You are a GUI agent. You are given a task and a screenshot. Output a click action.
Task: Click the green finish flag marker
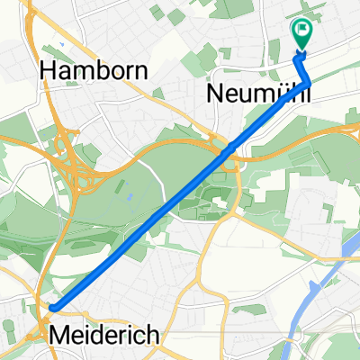coord(301,34)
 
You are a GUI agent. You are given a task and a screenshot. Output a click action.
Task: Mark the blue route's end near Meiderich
coord(54,308)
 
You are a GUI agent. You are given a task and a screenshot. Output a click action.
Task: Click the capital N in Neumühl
coord(216,93)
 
